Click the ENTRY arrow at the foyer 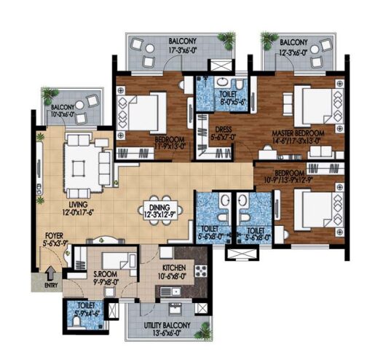(x=50, y=275)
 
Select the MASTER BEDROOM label (x=297, y=135)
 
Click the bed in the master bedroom (x=310, y=103)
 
